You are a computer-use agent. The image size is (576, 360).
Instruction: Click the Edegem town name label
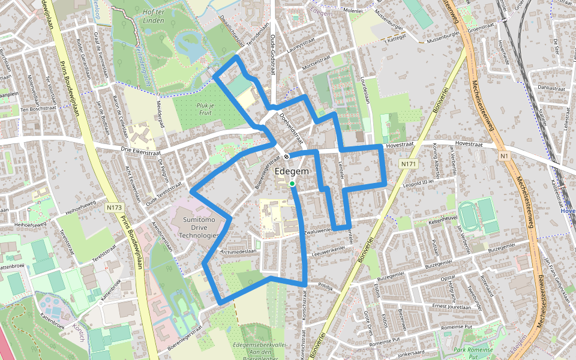click(x=292, y=172)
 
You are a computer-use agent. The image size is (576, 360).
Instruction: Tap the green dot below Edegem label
click(x=292, y=184)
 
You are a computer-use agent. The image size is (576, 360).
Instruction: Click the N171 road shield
click(x=409, y=164)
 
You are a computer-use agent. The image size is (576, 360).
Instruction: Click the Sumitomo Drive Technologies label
click(x=199, y=229)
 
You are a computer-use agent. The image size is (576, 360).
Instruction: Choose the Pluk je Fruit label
click(x=205, y=109)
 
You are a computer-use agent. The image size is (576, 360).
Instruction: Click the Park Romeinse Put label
click(x=473, y=353)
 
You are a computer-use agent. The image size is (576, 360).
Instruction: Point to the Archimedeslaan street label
click(x=239, y=252)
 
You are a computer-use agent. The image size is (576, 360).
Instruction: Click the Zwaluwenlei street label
click(x=319, y=230)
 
